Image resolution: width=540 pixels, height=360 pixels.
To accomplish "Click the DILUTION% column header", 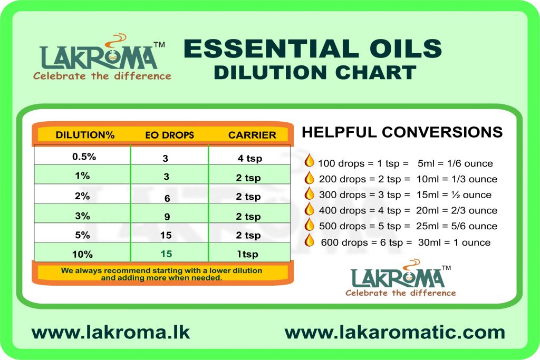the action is point(85,135).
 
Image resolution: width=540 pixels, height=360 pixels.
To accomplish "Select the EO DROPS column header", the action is point(169,135).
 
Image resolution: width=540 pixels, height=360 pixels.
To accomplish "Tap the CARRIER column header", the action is point(252,135).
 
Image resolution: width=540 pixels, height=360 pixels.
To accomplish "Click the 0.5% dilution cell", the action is point(84,157).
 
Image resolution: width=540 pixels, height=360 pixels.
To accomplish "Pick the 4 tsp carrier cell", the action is point(249,158).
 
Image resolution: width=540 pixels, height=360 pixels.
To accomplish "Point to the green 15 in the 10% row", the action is point(166,254).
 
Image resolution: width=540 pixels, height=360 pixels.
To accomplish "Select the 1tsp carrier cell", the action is point(247,254).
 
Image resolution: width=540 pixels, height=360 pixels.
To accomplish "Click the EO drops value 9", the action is point(167,217).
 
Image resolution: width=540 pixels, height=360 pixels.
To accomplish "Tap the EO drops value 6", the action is point(167,198).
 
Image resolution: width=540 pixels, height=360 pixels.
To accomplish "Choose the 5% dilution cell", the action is point(82,235).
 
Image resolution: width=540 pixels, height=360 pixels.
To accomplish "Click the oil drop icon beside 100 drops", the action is point(309,160).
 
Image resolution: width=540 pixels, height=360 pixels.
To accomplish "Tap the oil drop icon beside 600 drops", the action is point(309,240).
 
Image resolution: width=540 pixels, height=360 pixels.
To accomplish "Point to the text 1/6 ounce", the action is point(470,163).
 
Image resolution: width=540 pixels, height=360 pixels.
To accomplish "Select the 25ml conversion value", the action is point(427,226).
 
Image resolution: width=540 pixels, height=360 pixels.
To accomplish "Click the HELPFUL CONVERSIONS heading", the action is point(402,132).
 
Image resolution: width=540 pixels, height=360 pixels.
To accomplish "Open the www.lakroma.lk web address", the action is point(111,333).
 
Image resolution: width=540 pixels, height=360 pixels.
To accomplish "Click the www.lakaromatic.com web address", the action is point(394,333).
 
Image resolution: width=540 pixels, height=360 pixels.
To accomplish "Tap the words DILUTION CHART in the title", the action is point(315,72).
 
